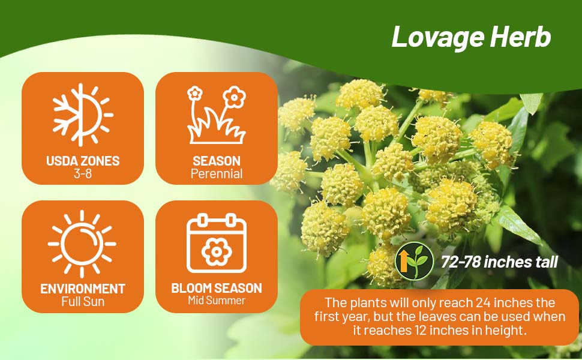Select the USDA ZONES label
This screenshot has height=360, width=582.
(x=83, y=161)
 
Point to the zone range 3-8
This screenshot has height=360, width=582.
(x=83, y=173)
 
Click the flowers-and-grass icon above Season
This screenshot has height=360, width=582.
(x=217, y=115)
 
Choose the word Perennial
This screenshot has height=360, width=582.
(x=217, y=173)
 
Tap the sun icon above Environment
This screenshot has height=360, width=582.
(x=82, y=244)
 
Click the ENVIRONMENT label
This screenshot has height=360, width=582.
(x=83, y=289)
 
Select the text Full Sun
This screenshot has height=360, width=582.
(x=83, y=301)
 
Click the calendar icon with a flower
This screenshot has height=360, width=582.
(x=217, y=243)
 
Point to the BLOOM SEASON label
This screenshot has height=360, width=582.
(x=217, y=289)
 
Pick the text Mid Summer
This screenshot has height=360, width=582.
(x=217, y=300)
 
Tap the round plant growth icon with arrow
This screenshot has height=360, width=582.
(x=414, y=261)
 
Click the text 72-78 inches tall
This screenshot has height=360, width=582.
(x=499, y=262)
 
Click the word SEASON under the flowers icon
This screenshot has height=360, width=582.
(x=217, y=161)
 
